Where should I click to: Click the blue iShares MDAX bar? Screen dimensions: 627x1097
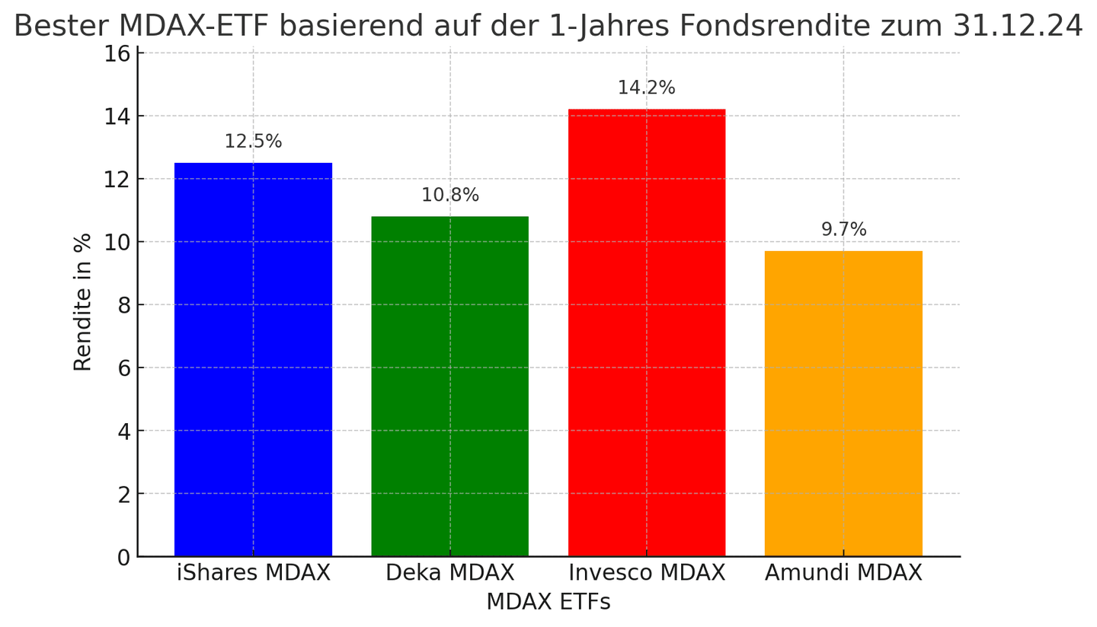click(253, 359)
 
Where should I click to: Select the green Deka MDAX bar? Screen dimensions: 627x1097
click(449, 386)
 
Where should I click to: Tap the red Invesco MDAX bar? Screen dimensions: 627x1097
click(646, 333)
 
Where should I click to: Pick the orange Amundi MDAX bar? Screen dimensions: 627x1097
click(843, 403)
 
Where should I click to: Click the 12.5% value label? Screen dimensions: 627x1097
click(253, 142)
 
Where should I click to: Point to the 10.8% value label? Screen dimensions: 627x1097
click(449, 196)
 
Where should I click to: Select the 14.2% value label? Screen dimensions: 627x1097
click(646, 88)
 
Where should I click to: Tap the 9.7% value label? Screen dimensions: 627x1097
click(843, 230)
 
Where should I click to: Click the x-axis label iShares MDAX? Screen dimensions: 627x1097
click(253, 573)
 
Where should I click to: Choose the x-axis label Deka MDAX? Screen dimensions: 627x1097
click(449, 573)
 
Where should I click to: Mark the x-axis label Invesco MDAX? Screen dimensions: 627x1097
click(646, 573)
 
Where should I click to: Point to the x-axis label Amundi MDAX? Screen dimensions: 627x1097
click(843, 573)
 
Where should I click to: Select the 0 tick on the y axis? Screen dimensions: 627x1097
click(123, 558)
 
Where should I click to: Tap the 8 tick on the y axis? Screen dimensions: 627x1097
click(123, 306)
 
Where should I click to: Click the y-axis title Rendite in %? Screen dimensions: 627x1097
click(82, 302)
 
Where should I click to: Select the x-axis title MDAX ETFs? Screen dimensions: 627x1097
click(548, 603)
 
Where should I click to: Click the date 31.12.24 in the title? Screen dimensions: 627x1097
click(1017, 27)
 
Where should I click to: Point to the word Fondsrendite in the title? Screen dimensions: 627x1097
click(773, 27)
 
